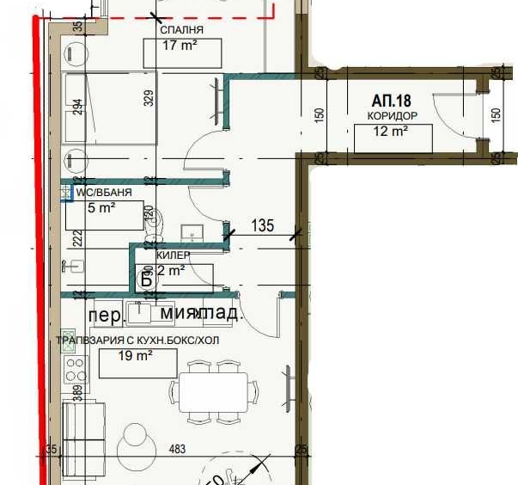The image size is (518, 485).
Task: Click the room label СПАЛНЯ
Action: coord(181,30)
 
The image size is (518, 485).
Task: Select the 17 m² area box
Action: coord(180,48)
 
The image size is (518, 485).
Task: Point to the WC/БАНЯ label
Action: coord(102,193)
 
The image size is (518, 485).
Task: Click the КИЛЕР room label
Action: coord(174,255)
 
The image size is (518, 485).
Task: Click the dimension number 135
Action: coord(262,226)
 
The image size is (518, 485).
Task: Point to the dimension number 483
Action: coord(176,450)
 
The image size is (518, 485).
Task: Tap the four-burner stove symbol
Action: coord(75,370)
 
